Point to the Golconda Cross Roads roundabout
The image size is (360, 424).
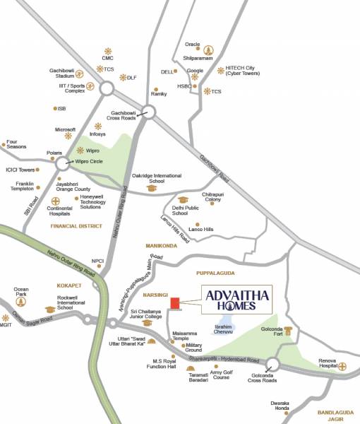(x=273, y=365)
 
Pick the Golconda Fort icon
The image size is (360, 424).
(x=288, y=332)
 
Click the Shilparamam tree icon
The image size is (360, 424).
(x=208, y=50)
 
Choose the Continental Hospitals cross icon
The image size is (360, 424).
(x=56, y=200)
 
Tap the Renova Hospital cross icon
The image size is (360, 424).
(x=342, y=366)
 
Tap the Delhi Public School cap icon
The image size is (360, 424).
(x=183, y=200)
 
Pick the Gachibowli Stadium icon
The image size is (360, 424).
(x=80, y=73)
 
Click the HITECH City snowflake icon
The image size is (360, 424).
(x=221, y=70)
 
